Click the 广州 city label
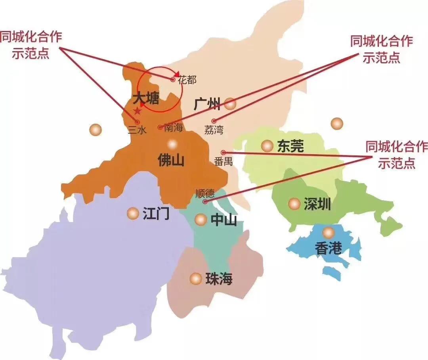[x=207, y=104]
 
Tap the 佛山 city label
[x=171, y=160]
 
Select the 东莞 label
[x=290, y=146]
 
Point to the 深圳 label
[x=317, y=205]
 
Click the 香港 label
[x=328, y=248]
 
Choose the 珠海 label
[x=219, y=279]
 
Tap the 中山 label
[x=224, y=220]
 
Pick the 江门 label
[x=156, y=214]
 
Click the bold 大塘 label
[x=145, y=98]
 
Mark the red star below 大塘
[x=138, y=110]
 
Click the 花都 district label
[x=187, y=80]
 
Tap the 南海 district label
[x=173, y=128]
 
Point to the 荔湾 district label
[x=214, y=129]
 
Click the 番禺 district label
[x=223, y=161]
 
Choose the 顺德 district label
[x=205, y=193]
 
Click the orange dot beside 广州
[x=230, y=104]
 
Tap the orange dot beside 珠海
[x=195, y=279]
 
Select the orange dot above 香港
[x=328, y=233]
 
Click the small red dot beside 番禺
[x=223, y=152]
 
